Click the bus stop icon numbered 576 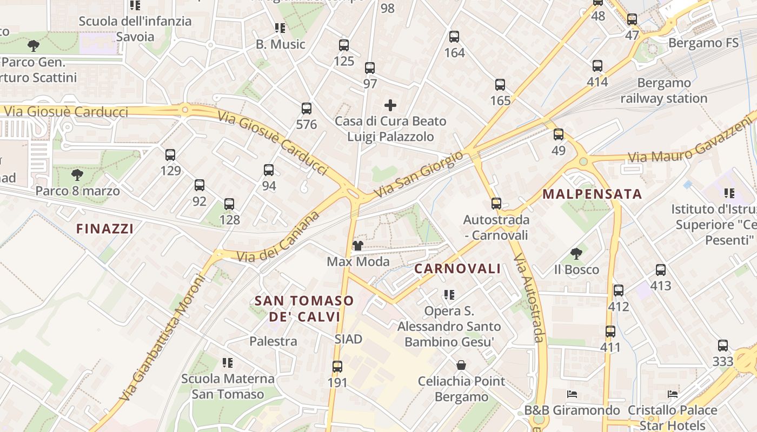pos(307,109)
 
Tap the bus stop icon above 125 pos(344,45)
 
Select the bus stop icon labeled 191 pos(337,367)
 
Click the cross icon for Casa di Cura pos(390,105)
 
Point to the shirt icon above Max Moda pos(357,246)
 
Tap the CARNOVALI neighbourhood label pos(457,269)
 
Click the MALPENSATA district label pos(592,194)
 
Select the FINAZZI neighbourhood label pos(105,229)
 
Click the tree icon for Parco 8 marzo pos(77,175)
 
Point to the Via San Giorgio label pos(419,174)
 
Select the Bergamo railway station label pos(664,91)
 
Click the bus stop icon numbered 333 pos(723,346)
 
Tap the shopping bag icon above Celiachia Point pos(461,366)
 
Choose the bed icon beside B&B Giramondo pos(572,394)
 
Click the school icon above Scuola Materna pos(228,362)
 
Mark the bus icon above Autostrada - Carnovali pos(496,204)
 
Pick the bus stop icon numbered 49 pos(559,134)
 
